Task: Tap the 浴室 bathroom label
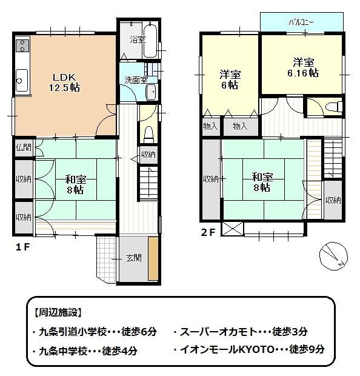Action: coord(137,40)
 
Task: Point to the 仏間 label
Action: coord(24,147)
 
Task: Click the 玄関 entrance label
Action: coord(134,258)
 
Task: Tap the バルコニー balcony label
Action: coord(301,21)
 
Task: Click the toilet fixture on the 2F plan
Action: coord(331,107)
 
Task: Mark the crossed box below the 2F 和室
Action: coord(233,229)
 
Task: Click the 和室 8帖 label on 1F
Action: coord(75,184)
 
